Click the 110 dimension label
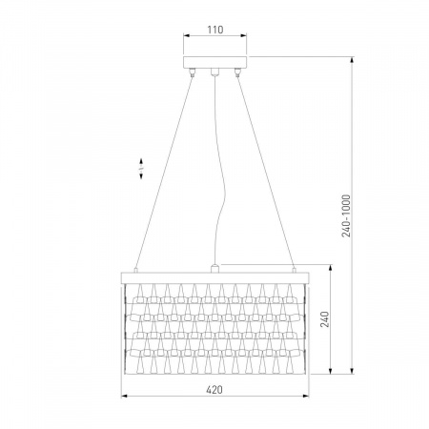tap(215, 30)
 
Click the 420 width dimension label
tap(214, 389)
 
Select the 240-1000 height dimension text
tap(346, 216)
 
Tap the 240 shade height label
tap(324, 319)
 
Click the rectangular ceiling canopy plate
tap(215, 62)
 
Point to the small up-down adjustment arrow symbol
tap(141, 169)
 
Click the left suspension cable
tap(164, 171)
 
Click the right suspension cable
tap(266, 172)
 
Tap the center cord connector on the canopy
tap(215, 71)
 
